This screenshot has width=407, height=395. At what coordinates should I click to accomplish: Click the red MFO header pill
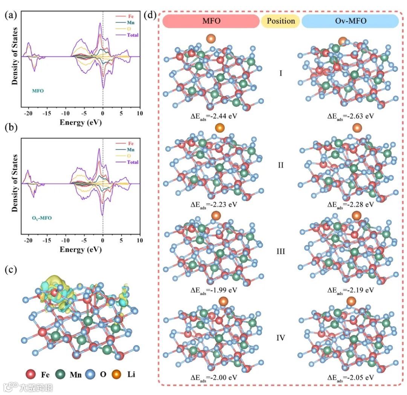211,21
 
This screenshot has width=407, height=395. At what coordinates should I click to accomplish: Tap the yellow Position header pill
281,21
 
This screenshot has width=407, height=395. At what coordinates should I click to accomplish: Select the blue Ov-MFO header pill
350,21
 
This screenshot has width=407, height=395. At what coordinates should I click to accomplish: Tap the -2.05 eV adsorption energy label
350,378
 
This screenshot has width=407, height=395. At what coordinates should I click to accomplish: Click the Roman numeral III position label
281,251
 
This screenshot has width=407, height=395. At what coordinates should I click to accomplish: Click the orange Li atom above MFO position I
211,38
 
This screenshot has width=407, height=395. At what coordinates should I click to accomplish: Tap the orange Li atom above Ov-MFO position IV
351,301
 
